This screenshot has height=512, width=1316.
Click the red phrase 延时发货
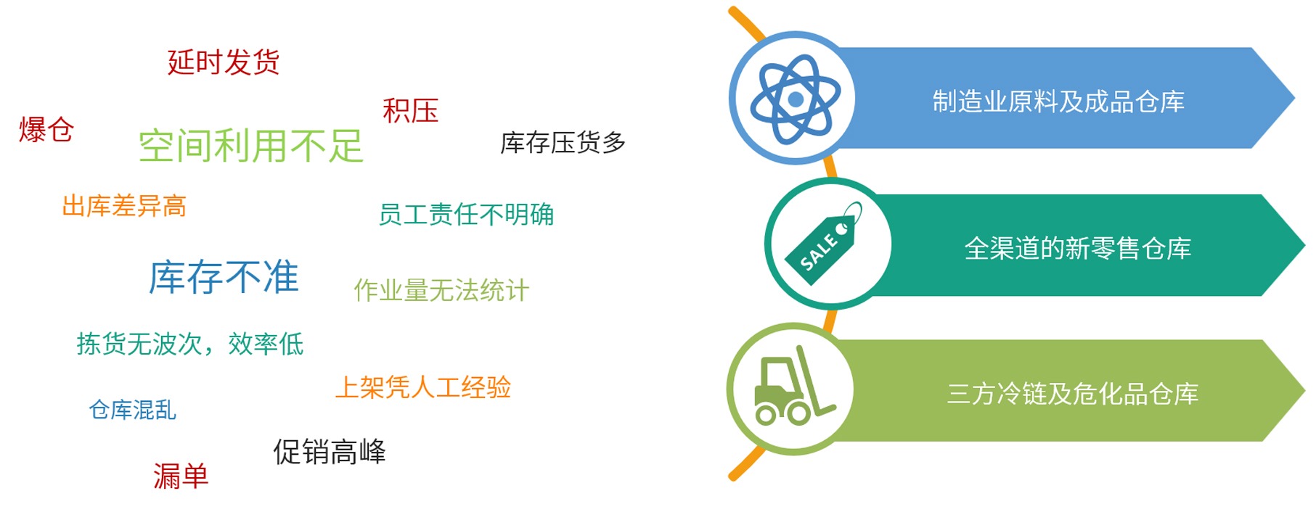pyautogui.click(x=224, y=62)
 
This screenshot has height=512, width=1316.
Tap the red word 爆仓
pyautogui.click(x=46, y=130)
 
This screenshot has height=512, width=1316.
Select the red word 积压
pyautogui.click(x=411, y=111)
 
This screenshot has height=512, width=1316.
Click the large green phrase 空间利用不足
pyautogui.click(x=250, y=146)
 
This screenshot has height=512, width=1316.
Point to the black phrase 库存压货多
pyautogui.click(x=563, y=143)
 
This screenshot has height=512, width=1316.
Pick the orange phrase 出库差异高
pyautogui.click(x=124, y=206)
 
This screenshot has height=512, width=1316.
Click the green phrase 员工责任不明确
pyautogui.click(x=466, y=215)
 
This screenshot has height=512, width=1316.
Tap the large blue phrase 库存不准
pyautogui.click(x=224, y=277)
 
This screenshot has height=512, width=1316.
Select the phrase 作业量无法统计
pyautogui.click(x=441, y=291)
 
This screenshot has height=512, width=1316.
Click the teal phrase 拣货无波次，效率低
pyautogui.click(x=190, y=344)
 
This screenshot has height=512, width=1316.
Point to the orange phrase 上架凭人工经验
pyautogui.click(x=423, y=387)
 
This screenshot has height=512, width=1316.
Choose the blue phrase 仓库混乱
pyautogui.click(x=132, y=410)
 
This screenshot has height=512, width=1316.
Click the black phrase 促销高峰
pyautogui.click(x=330, y=452)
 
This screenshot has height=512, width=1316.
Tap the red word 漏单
pyautogui.click(x=181, y=476)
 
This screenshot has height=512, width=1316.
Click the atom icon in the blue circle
pyautogui.click(x=796, y=99)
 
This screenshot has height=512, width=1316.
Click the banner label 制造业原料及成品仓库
pyautogui.click(x=1058, y=102)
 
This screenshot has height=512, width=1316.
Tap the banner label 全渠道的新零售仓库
pyautogui.click(x=1077, y=249)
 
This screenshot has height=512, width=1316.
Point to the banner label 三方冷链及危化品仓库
pyautogui.click(x=1072, y=394)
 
